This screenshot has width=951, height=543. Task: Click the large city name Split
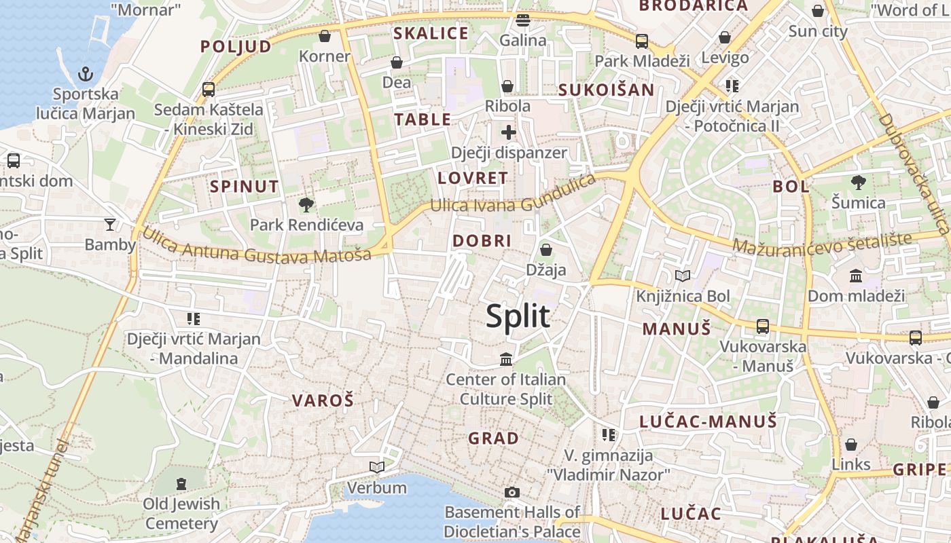pyautogui.click(x=518, y=316)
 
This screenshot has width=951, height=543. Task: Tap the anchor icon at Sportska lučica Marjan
pyautogui.click(x=86, y=74)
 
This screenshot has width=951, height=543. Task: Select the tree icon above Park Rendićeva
pyautogui.click(x=306, y=204)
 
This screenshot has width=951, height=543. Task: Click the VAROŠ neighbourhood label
pyautogui.click(x=323, y=400)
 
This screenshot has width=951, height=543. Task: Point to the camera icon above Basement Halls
pyautogui.click(x=512, y=492)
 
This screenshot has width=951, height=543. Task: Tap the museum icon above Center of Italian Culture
pyautogui.click(x=506, y=359)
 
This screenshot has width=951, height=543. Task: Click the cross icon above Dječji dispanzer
pyautogui.click(x=509, y=132)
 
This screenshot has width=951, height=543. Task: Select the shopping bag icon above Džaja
pyautogui.click(x=545, y=250)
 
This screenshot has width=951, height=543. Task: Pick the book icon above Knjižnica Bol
pyautogui.click(x=683, y=276)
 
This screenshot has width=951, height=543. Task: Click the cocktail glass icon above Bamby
pyautogui.click(x=110, y=224)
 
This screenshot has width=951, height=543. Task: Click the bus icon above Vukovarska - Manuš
pyautogui.click(x=763, y=326)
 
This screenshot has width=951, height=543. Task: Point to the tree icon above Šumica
pyautogui.click(x=859, y=182)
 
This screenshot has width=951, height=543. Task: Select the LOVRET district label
pyautogui.click(x=473, y=179)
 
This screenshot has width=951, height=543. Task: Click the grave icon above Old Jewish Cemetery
pyautogui.click(x=181, y=484)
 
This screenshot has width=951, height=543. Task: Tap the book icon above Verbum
pyautogui.click(x=376, y=467)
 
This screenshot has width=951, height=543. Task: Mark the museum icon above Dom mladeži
pyautogui.click(x=856, y=276)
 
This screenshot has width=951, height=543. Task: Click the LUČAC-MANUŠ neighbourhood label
pyautogui.click(x=708, y=422)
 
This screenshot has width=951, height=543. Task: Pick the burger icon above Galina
pyautogui.click(x=522, y=20)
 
